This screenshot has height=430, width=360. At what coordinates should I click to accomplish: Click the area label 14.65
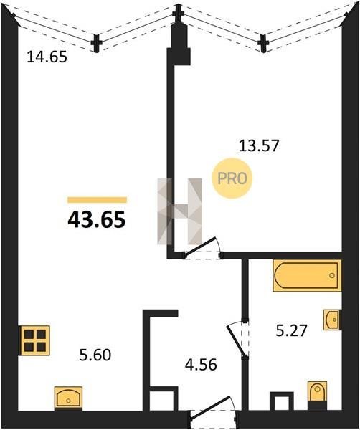click(x=47, y=57)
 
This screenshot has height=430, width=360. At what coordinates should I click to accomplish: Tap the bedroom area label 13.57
click(x=259, y=145)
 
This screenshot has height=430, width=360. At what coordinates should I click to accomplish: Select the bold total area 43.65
click(x=97, y=220)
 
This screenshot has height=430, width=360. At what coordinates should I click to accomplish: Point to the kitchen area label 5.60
click(x=95, y=355)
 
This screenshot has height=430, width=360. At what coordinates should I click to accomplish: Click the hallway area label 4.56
click(x=201, y=365)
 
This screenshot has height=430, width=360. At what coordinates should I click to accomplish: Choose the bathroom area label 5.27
click(x=291, y=330)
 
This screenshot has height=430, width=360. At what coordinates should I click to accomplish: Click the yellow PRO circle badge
click(x=232, y=178)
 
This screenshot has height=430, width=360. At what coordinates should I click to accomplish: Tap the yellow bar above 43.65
click(x=97, y=200)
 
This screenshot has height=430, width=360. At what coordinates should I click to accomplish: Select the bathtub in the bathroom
click(x=307, y=275)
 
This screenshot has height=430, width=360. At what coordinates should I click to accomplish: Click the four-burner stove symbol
click(x=34, y=340)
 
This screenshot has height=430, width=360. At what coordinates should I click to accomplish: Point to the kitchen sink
click(x=68, y=398)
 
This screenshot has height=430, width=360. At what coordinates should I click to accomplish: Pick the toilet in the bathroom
click(x=318, y=395)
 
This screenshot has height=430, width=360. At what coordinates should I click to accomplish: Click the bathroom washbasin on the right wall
click(x=333, y=320)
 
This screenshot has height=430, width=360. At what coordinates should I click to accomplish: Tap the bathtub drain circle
click(x=332, y=275)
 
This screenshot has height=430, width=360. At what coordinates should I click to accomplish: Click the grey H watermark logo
click(x=180, y=211)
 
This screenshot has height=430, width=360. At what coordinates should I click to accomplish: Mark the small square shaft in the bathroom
click(x=282, y=401)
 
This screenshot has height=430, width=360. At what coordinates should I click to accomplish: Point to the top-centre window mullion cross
click(x=179, y=14)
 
